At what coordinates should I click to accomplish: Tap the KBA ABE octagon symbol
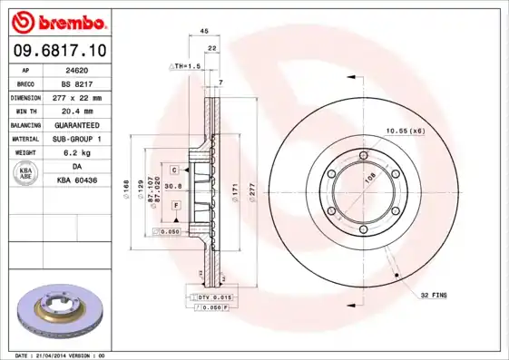(27, 174)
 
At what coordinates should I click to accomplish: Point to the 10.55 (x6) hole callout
(405, 131)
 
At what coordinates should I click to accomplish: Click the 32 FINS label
(434, 296)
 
